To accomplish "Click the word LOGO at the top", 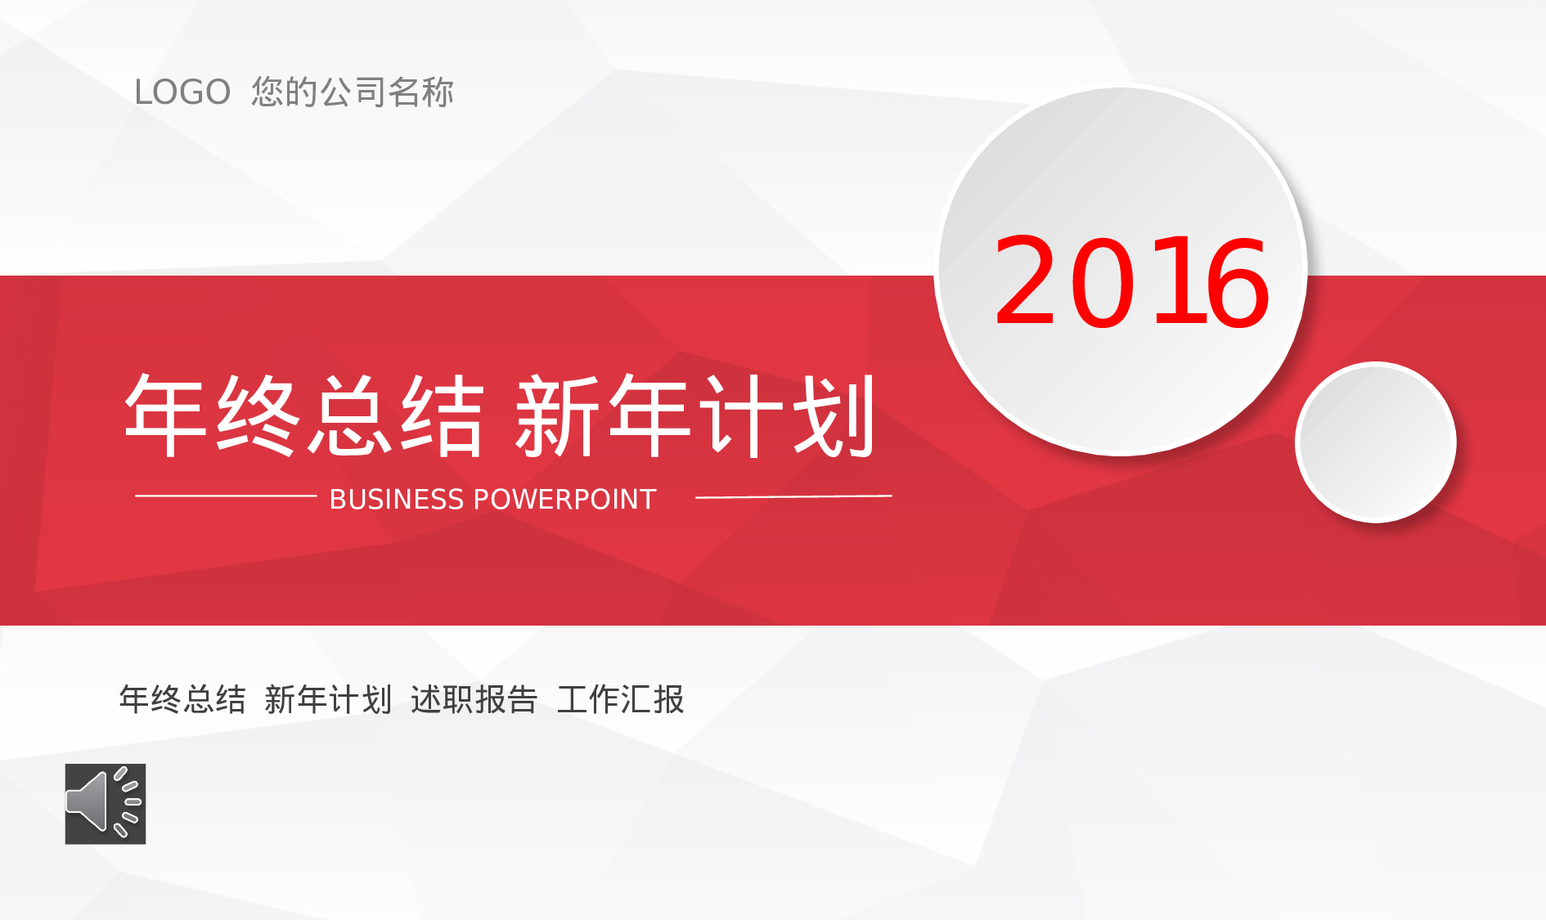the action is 182,92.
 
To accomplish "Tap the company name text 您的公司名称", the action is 353,92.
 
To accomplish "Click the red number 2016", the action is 1132,281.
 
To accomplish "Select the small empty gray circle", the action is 1376,442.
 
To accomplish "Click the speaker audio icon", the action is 106,804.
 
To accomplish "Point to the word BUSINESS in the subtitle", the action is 397,499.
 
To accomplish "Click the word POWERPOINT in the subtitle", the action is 565,499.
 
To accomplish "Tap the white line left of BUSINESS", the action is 226,496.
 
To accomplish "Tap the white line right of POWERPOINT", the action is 793,496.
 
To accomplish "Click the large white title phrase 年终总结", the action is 304,415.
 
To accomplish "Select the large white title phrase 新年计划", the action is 695,415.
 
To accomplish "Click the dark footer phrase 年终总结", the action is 182,699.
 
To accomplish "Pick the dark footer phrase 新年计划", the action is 328,699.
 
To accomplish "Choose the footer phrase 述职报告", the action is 474,699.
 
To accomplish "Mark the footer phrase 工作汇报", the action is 620,699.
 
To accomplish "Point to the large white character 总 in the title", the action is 350,415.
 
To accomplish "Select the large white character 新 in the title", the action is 557,415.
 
